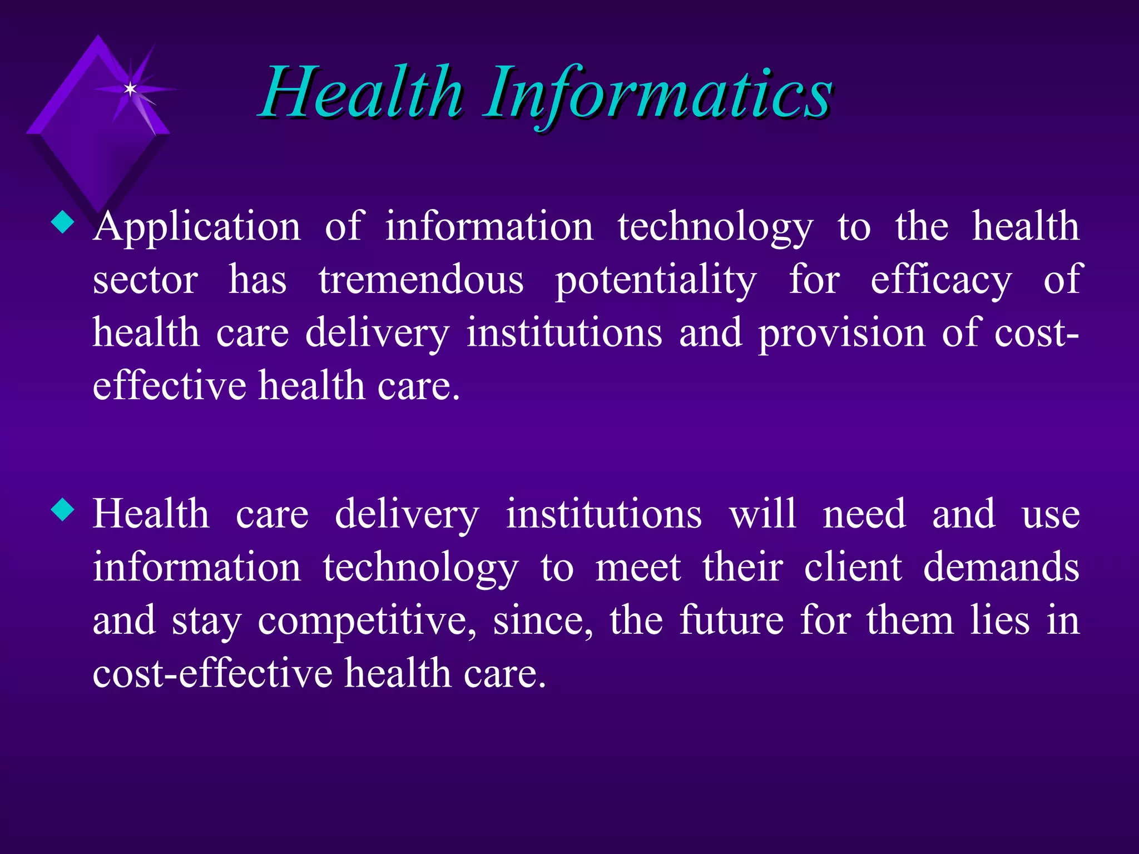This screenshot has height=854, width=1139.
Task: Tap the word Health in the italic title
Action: pyautogui.click(x=361, y=93)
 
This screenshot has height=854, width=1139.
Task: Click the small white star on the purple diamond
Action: pyautogui.click(x=130, y=89)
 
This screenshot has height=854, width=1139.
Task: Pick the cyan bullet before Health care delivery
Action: pyautogui.click(x=62, y=510)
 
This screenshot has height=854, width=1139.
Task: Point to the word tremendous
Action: pyautogui.click(x=421, y=280)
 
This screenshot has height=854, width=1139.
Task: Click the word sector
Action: pyautogui.click(x=145, y=280)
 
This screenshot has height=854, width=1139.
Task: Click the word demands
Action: pyautogui.click(x=1001, y=568)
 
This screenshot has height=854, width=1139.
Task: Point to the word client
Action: pyautogui.click(x=853, y=568)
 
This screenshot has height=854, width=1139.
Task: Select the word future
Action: pyautogui.click(x=731, y=621)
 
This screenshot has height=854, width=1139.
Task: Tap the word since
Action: pyautogui.click(x=543, y=621)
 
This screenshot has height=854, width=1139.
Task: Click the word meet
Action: pyautogui.click(x=638, y=568)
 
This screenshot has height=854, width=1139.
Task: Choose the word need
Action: pyautogui.click(x=864, y=514)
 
